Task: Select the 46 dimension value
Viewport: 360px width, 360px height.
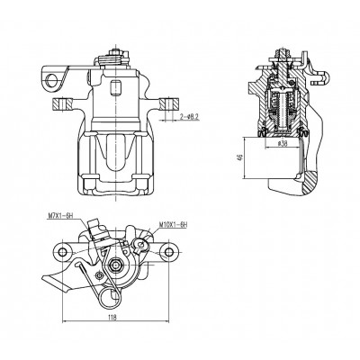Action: tap(239, 157)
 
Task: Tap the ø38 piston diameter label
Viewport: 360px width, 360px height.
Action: tap(283, 144)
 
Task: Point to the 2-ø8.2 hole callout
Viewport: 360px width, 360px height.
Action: tap(190, 116)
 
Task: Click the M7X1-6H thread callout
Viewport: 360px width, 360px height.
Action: tap(60, 215)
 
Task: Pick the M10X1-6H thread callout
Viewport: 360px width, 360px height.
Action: tap(173, 224)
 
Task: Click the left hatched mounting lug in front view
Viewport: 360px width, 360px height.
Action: tap(62, 103)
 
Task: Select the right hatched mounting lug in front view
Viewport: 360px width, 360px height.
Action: tap(169, 103)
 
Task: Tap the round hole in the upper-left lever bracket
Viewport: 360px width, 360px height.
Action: tap(52, 79)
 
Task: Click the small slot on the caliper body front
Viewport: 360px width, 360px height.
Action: tap(115, 87)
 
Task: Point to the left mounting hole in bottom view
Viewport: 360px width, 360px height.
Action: tap(62, 252)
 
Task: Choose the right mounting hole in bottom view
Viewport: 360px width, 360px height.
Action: tap(169, 252)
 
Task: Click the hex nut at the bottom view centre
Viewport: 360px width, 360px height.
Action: tap(116, 265)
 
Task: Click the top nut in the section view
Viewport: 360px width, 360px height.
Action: tap(282, 55)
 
